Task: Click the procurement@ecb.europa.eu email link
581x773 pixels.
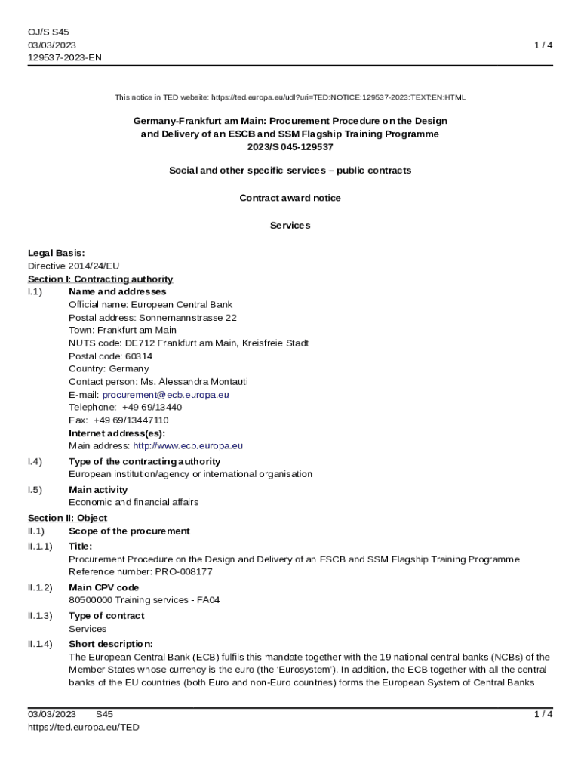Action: pyautogui.click(x=165, y=395)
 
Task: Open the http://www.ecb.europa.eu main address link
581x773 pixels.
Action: pyautogui.click(x=188, y=446)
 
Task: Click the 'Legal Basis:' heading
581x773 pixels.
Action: pyautogui.click(x=57, y=253)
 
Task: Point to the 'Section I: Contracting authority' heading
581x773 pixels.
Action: pyautogui.click(x=100, y=279)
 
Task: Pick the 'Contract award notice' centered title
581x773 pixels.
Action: pyautogui.click(x=290, y=198)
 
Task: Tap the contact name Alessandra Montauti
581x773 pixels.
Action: pyautogui.click(x=204, y=382)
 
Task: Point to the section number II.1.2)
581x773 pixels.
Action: pyautogui.click(x=41, y=587)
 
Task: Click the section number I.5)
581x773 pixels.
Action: pyautogui.click(x=35, y=490)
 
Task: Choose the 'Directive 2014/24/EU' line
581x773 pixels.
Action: pyautogui.click(x=74, y=266)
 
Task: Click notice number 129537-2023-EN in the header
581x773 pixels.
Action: pyautogui.click(x=65, y=57)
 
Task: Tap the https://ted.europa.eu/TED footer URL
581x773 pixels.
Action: pyautogui.click(x=84, y=727)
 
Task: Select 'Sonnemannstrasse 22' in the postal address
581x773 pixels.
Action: pyautogui.click(x=188, y=318)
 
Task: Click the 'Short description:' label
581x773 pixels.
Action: pyautogui.click(x=111, y=644)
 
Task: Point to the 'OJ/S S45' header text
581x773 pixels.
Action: pyautogui.click(x=48, y=32)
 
